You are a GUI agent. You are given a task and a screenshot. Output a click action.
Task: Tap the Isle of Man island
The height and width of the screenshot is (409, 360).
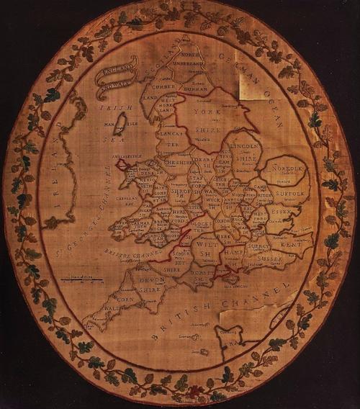[122, 120]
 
